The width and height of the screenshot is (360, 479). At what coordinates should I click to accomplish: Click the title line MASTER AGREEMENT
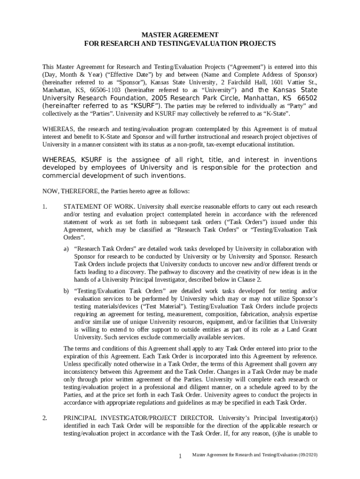180,35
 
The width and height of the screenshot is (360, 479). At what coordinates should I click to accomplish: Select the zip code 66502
307,98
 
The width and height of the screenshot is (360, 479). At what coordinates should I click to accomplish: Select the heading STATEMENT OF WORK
98,207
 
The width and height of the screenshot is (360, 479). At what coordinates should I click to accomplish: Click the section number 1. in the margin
45,207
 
